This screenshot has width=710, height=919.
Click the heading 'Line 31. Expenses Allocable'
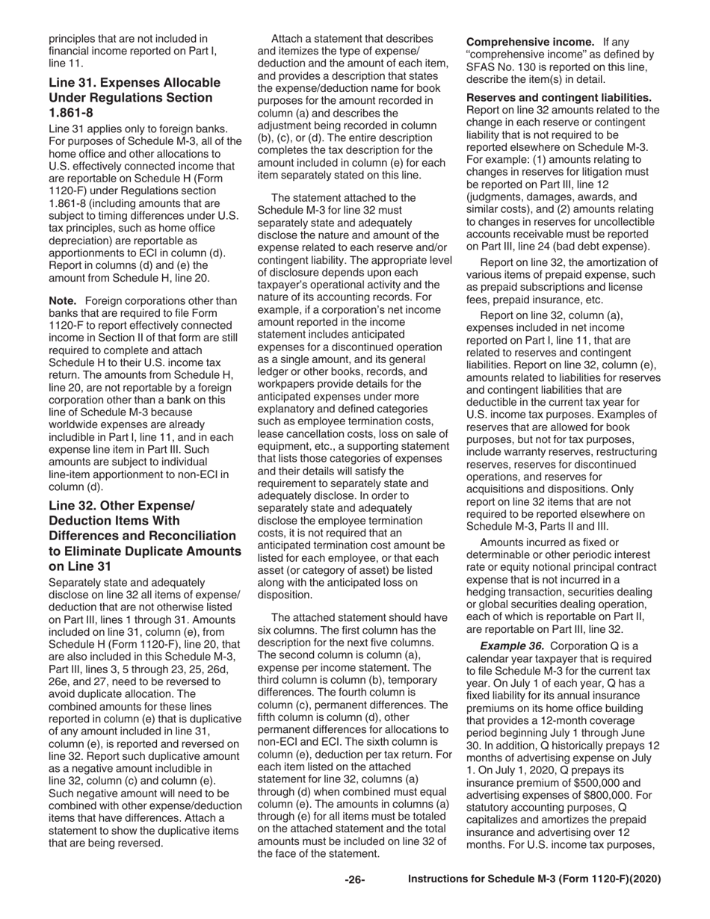[135, 82]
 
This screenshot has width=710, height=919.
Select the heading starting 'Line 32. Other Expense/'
[121, 506]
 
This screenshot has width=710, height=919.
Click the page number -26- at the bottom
[354, 880]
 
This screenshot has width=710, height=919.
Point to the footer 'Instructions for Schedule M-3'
[534, 879]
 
